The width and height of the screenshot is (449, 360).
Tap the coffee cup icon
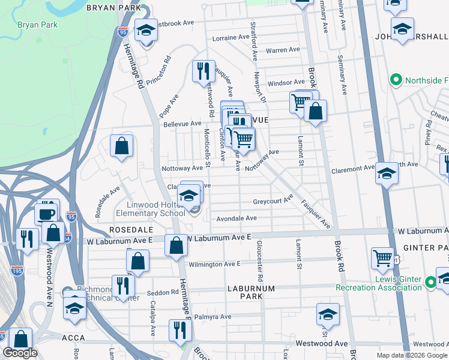(x=45, y=214)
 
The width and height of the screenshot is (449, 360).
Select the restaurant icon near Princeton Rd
(x=203, y=71)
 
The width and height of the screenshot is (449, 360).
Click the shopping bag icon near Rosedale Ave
(x=121, y=146)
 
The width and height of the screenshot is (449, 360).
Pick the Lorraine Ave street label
(x=231, y=37)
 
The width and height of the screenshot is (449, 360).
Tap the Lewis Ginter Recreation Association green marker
(x=430, y=281)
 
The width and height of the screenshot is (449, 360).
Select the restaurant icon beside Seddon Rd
(x=122, y=285)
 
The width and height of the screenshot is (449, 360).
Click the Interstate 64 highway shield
(x=67, y=239)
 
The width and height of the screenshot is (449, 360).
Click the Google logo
(x=20, y=353)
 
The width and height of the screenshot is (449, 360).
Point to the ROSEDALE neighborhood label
(x=128, y=230)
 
